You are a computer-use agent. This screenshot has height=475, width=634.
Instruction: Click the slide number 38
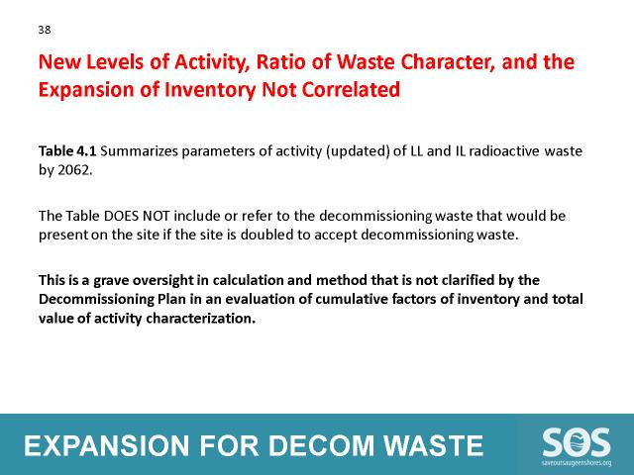tap(45, 30)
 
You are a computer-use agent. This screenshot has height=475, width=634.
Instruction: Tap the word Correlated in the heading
tap(351, 89)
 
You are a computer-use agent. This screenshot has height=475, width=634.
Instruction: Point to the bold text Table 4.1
tap(67, 151)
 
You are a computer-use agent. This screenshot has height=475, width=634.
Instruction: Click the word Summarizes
tap(139, 151)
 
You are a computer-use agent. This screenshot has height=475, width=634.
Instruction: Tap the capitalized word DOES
tap(122, 216)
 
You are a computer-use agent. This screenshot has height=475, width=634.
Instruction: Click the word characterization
tap(200, 319)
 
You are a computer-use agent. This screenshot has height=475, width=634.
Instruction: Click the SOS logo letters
tap(577, 442)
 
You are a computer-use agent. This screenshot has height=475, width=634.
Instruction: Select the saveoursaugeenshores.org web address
tap(577, 463)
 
